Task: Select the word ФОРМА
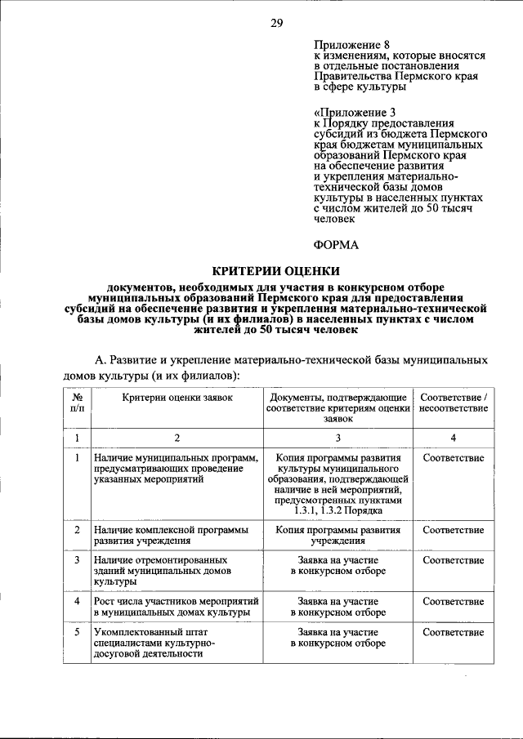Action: pos(337,244)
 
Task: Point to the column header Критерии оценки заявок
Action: pos(177,397)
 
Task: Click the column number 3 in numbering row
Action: pos(337,438)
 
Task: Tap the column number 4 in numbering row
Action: pos(453,438)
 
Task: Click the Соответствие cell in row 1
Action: pos(453,458)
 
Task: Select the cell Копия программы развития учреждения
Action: pos(337,535)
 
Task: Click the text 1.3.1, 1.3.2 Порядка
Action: pos(337,510)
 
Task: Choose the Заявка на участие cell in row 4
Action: pos(337,607)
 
